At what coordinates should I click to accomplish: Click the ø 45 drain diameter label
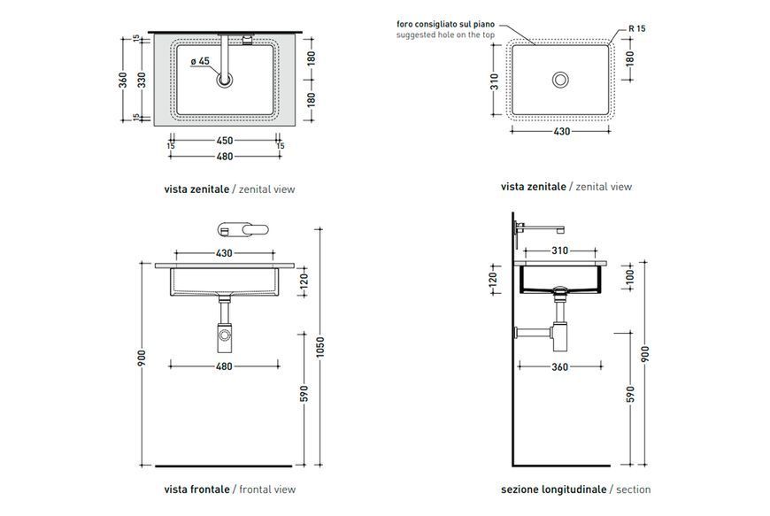(200, 61)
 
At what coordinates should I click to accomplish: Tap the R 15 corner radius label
(637, 28)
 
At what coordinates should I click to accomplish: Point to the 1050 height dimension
(320, 347)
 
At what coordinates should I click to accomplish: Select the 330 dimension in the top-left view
(142, 80)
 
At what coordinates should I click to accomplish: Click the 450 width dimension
(225, 141)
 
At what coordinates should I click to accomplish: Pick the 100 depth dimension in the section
(630, 276)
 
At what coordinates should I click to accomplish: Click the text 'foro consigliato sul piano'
(445, 24)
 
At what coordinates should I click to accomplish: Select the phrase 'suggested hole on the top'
(445, 35)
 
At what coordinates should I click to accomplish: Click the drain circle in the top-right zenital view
(560, 80)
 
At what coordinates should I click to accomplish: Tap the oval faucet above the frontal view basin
(243, 230)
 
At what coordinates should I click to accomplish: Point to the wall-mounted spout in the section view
(539, 227)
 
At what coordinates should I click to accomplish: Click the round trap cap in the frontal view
(225, 335)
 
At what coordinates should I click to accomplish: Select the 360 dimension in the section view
(560, 366)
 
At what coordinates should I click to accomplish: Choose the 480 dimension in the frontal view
(224, 366)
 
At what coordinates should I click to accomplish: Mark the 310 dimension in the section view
(560, 250)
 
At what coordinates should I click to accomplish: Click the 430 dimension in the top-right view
(562, 132)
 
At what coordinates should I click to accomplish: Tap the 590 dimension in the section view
(630, 394)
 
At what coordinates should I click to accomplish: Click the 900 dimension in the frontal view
(142, 358)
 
